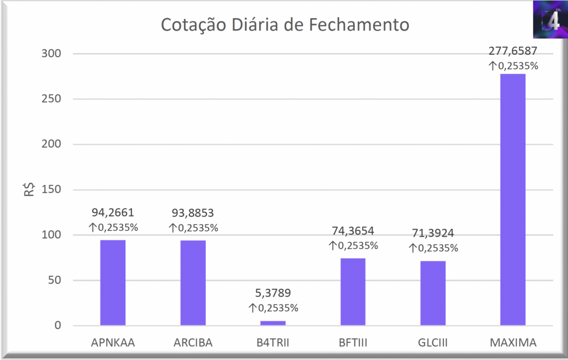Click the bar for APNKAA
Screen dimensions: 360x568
(113, 282)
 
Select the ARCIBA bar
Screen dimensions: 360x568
(192, 282)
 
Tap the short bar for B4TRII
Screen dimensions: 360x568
(273, 323)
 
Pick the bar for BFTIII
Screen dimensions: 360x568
(353, 291)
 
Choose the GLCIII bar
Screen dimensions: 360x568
(433, 292)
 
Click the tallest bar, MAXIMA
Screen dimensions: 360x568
(513, 199)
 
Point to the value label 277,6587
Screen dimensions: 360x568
(513, 52)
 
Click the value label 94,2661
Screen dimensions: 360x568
(113, 212)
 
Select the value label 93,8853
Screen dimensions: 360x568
(192, 212)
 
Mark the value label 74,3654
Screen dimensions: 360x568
(353, 231)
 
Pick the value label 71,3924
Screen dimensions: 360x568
(433, 233)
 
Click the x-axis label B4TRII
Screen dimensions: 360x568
(273, 343)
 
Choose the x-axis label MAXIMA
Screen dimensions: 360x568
(513, 343)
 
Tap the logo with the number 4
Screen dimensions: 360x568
(549, 19)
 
